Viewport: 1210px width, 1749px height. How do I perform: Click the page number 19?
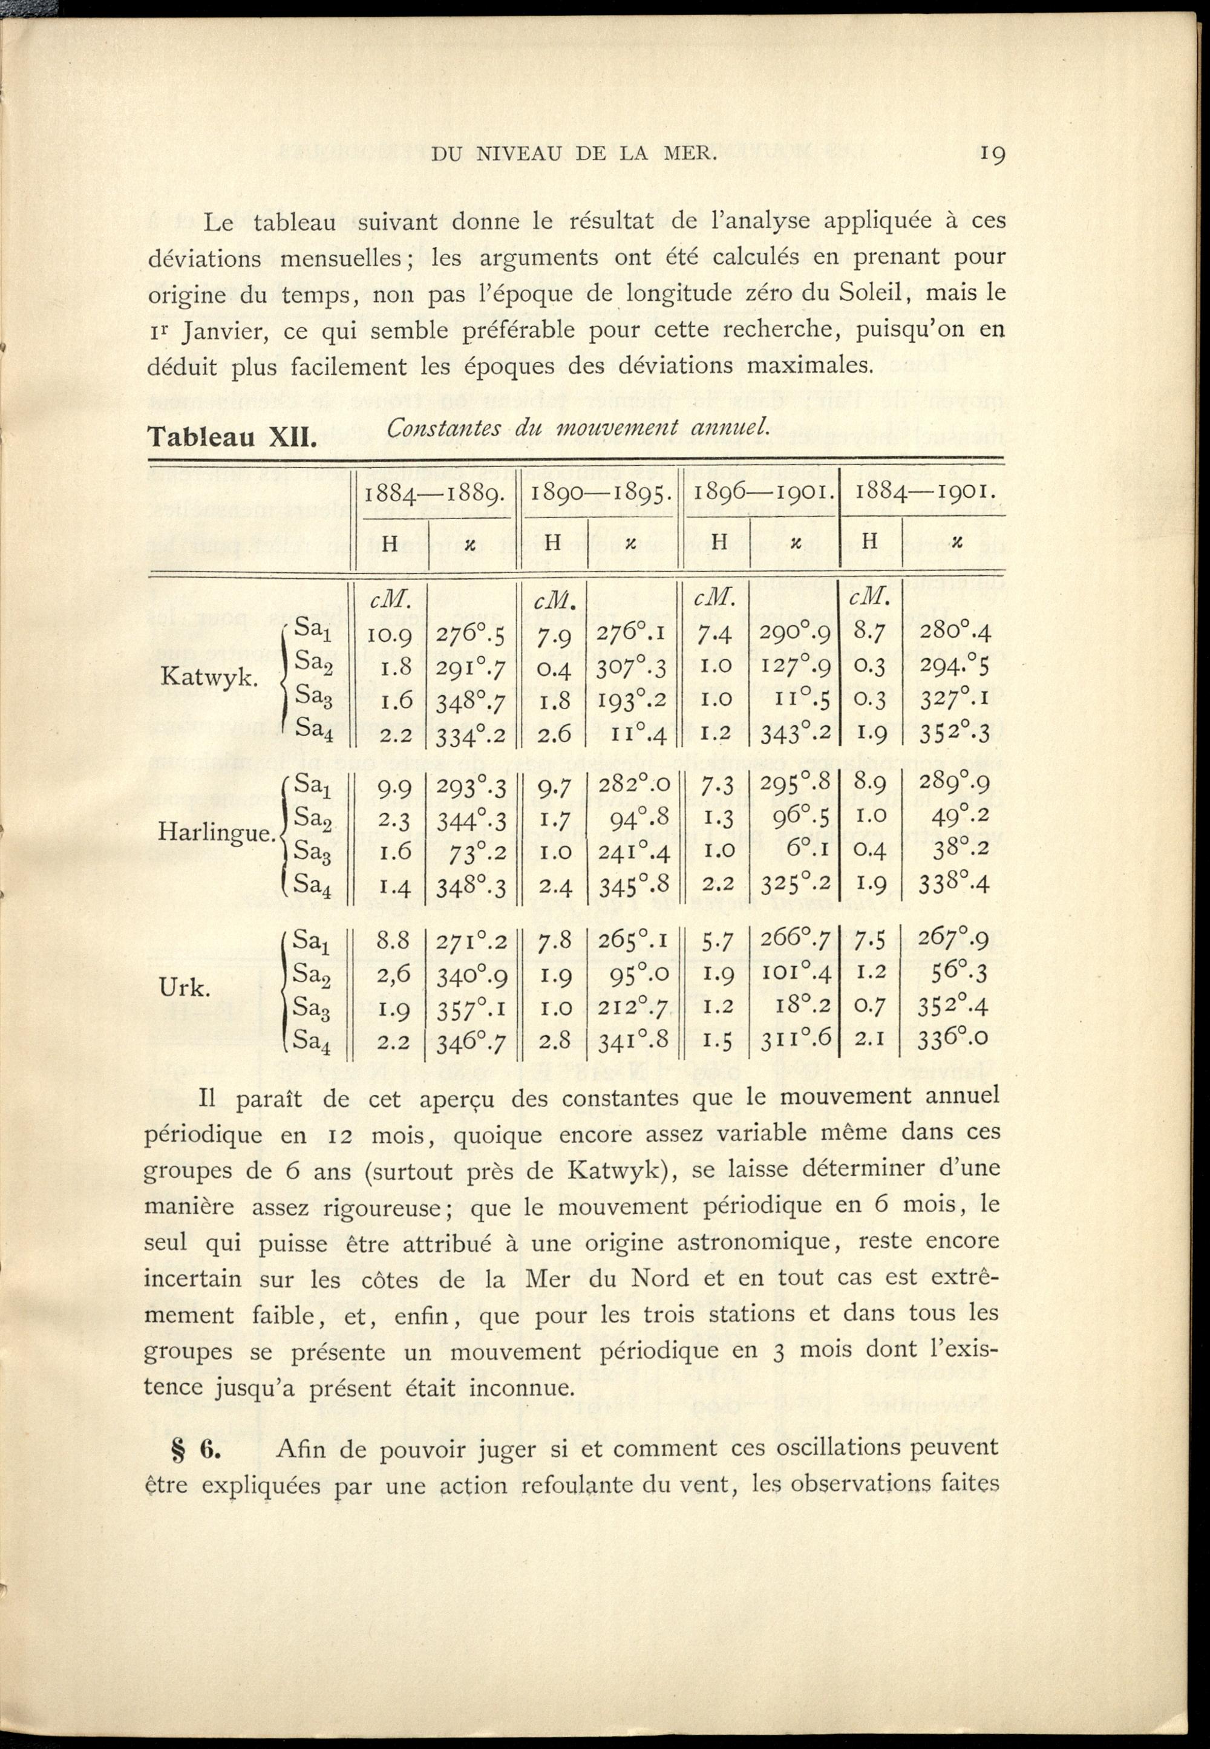tap(992, 154)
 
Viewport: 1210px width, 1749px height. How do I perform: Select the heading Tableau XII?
tap(231, 437)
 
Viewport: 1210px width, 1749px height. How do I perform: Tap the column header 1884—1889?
tap(432, 494)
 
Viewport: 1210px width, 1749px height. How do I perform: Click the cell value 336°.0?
tap(953, 1040)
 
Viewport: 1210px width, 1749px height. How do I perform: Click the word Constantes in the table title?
tap(443, 429)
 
